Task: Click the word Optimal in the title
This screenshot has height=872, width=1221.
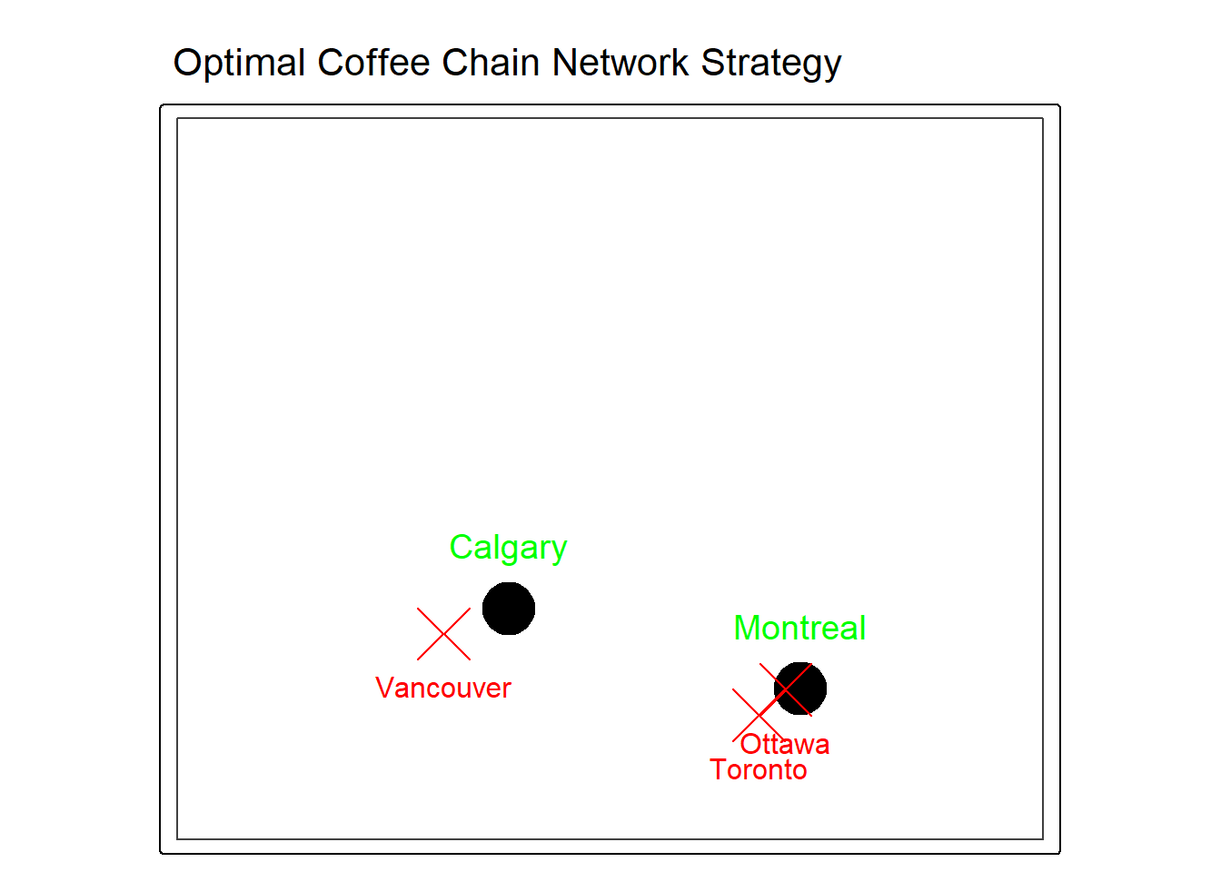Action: (239, 64)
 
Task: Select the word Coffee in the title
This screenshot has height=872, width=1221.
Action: (373, 62)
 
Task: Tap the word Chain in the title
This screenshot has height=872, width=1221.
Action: (491, 62)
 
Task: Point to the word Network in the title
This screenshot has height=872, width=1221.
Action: (620, 62)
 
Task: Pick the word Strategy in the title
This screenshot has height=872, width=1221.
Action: (771, 64)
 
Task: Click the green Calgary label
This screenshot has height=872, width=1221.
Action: (508, 549)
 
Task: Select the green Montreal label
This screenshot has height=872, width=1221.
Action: (799, 628)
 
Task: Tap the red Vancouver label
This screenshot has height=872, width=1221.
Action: (443, 689)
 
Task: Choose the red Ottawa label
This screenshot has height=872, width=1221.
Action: (785, 745)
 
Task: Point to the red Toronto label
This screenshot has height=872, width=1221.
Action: (759, 770)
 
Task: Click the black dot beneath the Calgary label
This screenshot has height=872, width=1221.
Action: (509, 609)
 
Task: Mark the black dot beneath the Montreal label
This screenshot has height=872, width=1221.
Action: (800, 689)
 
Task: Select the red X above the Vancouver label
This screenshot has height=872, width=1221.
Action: (443, 634)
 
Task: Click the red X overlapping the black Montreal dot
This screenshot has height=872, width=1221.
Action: (786, 689)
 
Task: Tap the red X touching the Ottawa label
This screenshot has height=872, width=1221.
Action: (759, 715)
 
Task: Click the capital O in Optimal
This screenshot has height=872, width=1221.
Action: (189, 62)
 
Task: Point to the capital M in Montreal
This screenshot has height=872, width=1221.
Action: (748, 628)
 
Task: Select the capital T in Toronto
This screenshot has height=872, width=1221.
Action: (720, 769)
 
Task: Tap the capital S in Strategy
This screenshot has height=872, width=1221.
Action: (714, 62)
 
